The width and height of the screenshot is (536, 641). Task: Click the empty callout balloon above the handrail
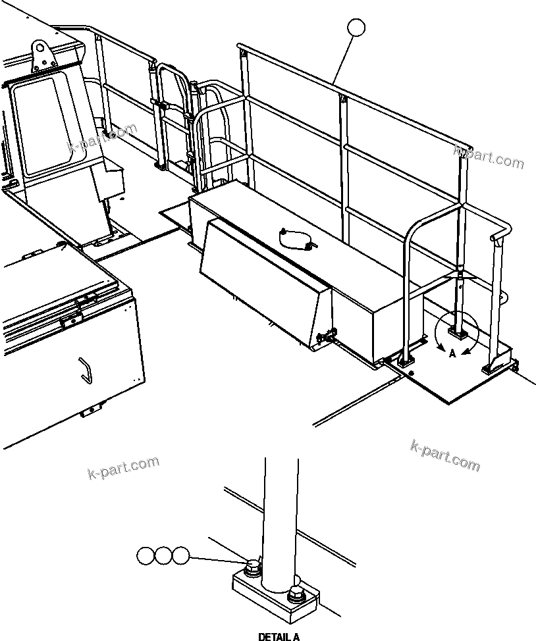(x=356, y=28)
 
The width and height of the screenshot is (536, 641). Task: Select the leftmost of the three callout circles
(x=146, y=555)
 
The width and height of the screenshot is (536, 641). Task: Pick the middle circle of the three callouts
(x=163, y=555)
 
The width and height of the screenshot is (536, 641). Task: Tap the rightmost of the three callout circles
(x=180, y=555)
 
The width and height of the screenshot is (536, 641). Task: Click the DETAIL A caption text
(x=279, y=636)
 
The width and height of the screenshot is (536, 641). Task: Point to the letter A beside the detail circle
(x=452, y=353)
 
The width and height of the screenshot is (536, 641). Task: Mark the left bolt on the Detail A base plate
(x=251, y=567)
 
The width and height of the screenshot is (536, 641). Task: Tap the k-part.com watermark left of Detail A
(x=123, y=467)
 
